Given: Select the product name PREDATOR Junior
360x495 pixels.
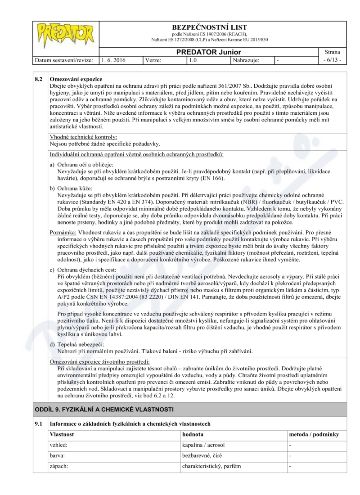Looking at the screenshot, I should click(208, 52).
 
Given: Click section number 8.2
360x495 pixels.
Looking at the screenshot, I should click(39, 79).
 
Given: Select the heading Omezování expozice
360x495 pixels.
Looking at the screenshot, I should click(76, 79).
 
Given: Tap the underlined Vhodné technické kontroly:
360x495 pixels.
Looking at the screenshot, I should click(83, 137).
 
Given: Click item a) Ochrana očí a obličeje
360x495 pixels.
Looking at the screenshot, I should click(81, 165).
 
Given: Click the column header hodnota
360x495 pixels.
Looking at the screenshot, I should click(193, 435).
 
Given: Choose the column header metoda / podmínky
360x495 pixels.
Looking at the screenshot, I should click(314, 435).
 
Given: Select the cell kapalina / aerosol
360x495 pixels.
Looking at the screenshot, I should click(203, 445).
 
